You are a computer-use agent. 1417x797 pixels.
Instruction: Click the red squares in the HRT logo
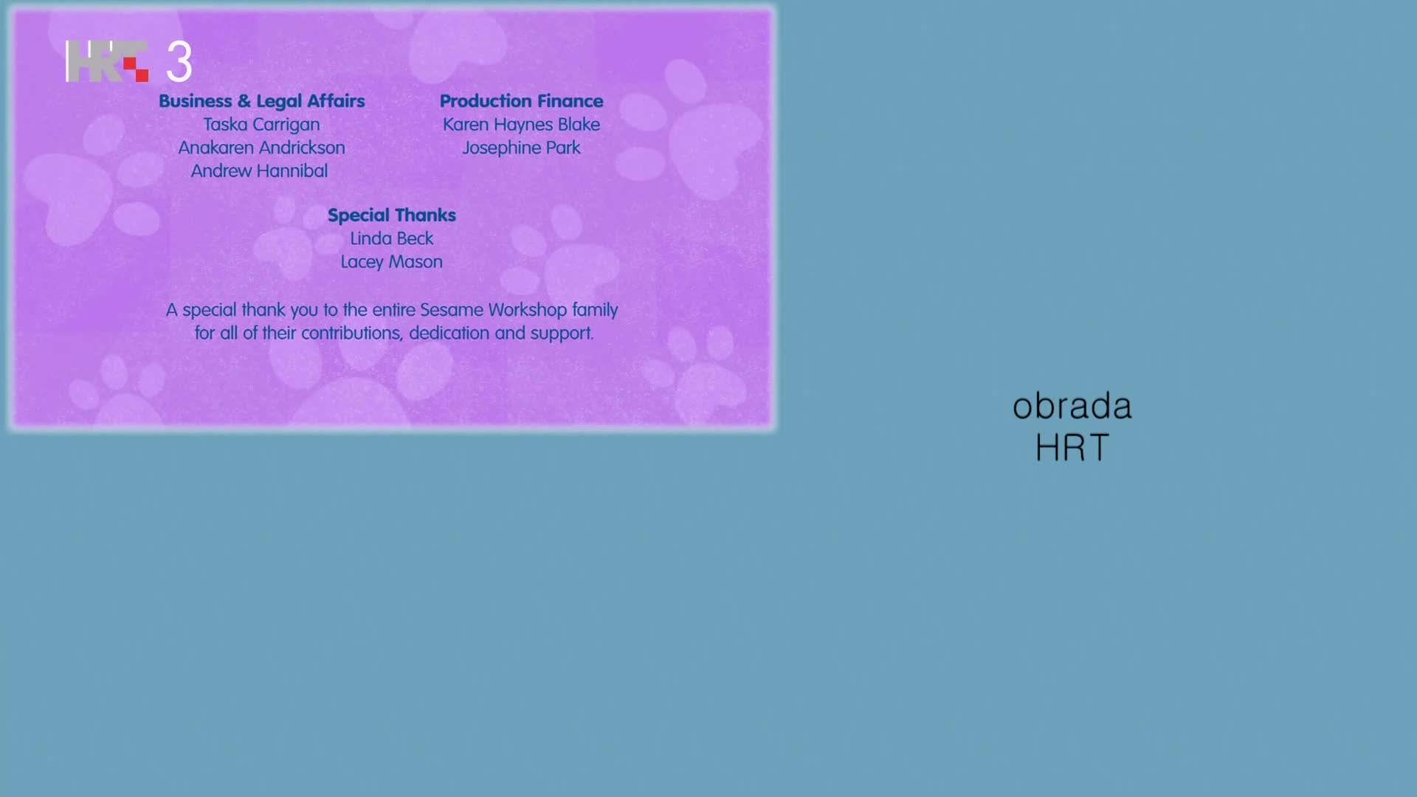[x=136, y=69]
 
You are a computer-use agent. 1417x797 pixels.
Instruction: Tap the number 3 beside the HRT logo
[x=179, y=61]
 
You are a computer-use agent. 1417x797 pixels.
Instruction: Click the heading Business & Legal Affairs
[x=262, y=101]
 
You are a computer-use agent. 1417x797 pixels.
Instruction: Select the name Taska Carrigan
[x=261, y=125]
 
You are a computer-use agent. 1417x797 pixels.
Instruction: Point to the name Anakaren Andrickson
[x=261, y=148]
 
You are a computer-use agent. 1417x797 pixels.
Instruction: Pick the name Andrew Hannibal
[x=259, y=171]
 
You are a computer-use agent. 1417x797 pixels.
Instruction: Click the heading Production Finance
[x=522, y=101]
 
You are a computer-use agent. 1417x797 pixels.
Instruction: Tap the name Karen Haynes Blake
[x=521, y=125]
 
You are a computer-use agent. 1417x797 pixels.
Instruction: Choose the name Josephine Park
[x=521, y=148]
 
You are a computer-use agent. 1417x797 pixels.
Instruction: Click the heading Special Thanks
[x=392, y=215]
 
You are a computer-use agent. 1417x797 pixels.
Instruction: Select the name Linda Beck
[x=392, y=238]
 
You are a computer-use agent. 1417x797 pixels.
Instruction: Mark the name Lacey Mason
[x=392, y=262]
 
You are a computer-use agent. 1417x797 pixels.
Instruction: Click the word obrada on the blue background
[x=1072, y=407]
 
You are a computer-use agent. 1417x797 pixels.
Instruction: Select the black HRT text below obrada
[x=1072, y=447]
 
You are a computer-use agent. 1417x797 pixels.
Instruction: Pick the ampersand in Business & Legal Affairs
[x=244, y=101]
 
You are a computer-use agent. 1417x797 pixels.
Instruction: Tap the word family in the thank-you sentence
[x=595, y=311]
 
